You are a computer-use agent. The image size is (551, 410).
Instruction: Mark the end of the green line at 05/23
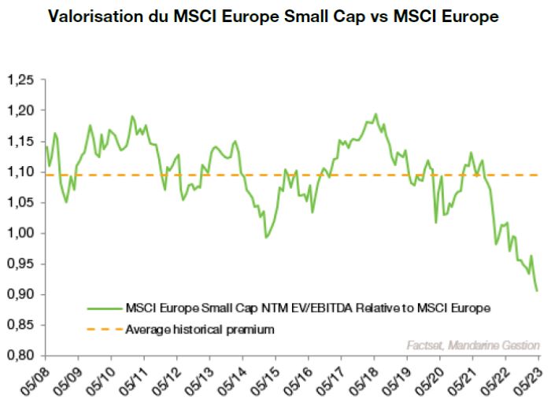538,290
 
